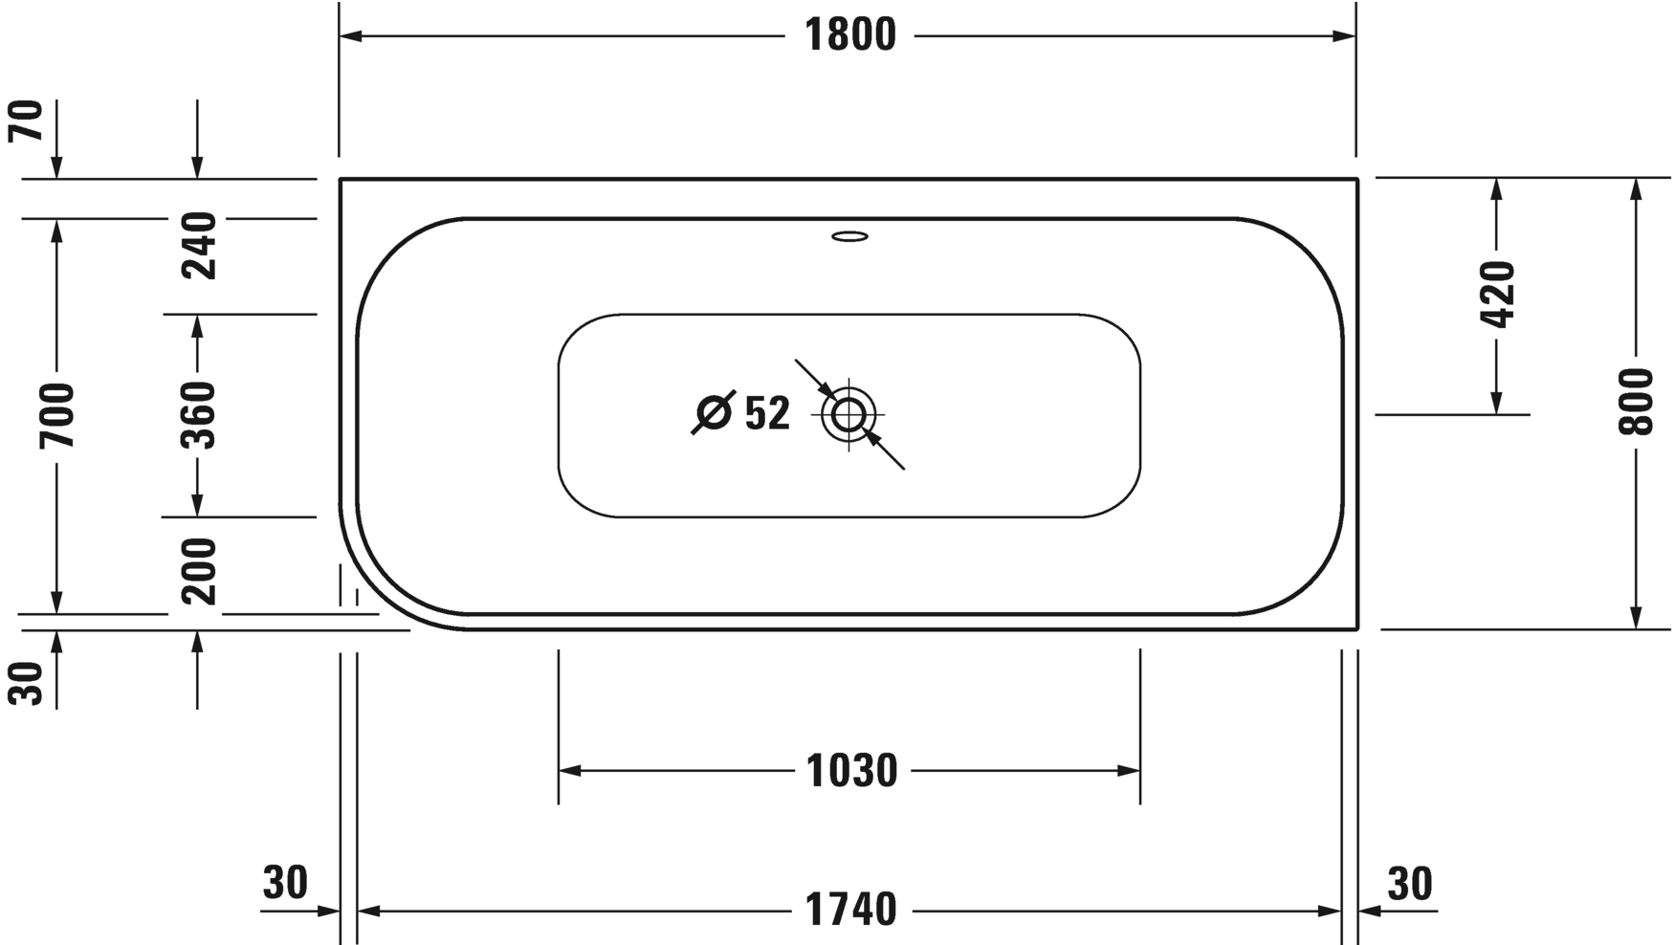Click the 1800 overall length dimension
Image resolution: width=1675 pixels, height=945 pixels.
[x=849, y=36]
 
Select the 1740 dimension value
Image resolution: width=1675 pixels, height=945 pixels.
[x=850, y=910]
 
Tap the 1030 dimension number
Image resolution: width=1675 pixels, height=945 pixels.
[x=850, y=771]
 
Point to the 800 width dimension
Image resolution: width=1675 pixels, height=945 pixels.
[x=1637, y=402]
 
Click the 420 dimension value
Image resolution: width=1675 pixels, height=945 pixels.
[x=1497, y=295]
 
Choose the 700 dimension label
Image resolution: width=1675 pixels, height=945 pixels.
[x=57, y=415]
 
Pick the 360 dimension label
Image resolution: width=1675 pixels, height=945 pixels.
[x=199, y=415]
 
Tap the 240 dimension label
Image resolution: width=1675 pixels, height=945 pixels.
[x=199, y=246]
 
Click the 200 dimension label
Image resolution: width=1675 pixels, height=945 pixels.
[x=199, y=571]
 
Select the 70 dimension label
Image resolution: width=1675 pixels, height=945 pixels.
[x=29, y=121]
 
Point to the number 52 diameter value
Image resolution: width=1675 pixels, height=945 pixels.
[x=767, y=414]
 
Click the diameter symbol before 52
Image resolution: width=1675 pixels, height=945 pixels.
[x=714, y=413]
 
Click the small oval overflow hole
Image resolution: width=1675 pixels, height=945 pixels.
[x=849, y=235]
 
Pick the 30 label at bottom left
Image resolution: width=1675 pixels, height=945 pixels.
[x=285, y=884]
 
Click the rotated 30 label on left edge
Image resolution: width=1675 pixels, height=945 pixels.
[x=29, y=683]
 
